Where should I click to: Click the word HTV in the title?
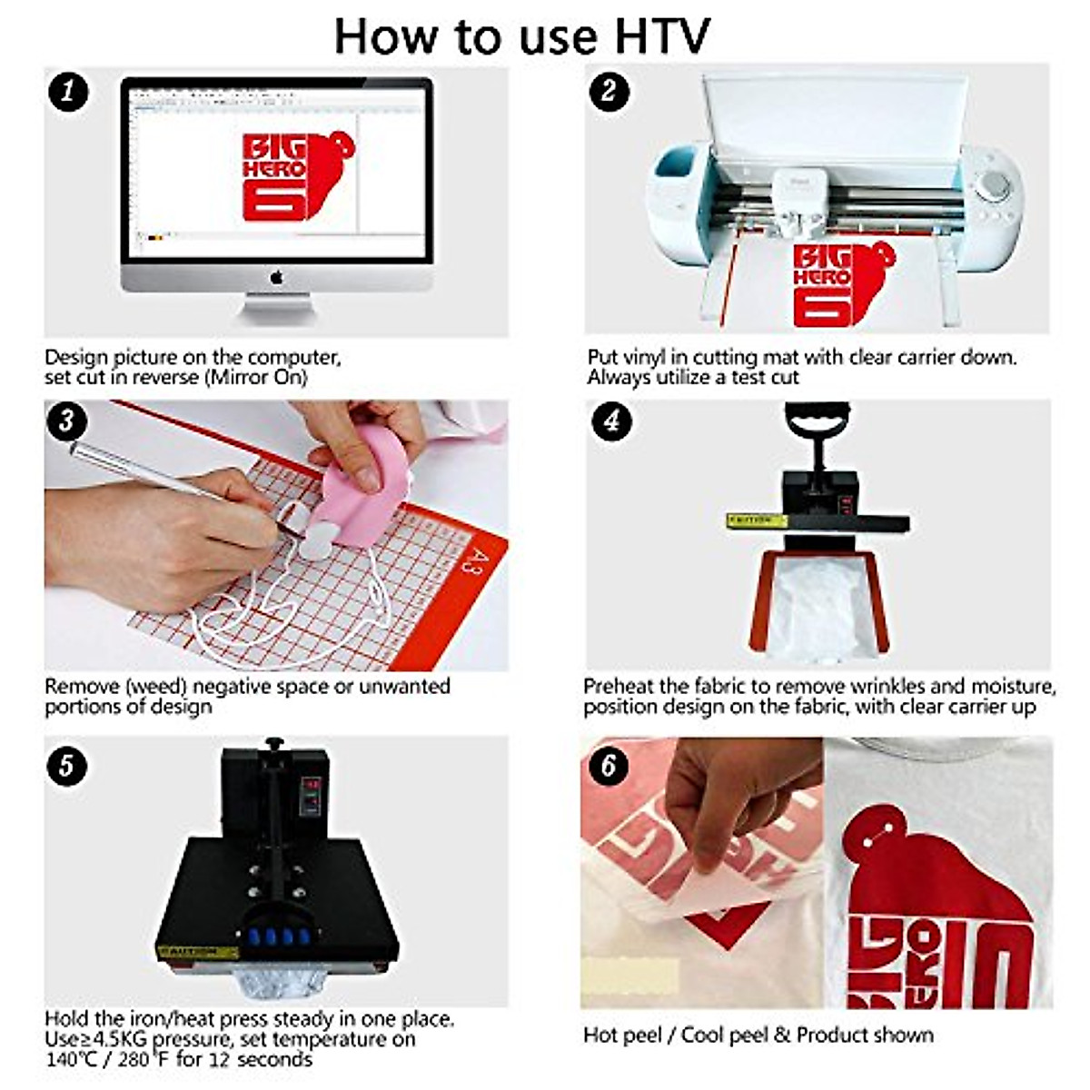662,37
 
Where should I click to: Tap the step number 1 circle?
68,91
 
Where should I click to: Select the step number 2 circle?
609,91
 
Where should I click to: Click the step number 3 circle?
66,421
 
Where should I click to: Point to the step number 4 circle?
611,421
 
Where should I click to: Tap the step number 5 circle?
66,767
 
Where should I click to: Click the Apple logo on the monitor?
276,277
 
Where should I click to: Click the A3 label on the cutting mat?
467,560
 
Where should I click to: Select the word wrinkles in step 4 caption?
888,686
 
